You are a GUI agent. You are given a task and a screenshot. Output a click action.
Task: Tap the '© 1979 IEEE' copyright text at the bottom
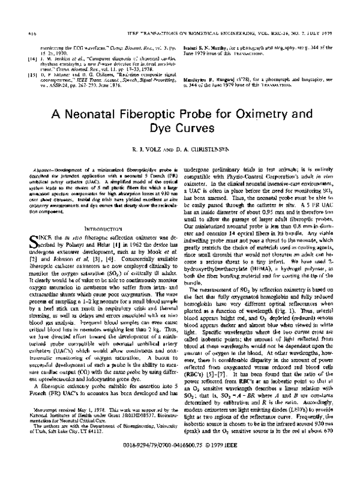click(221, 465)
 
